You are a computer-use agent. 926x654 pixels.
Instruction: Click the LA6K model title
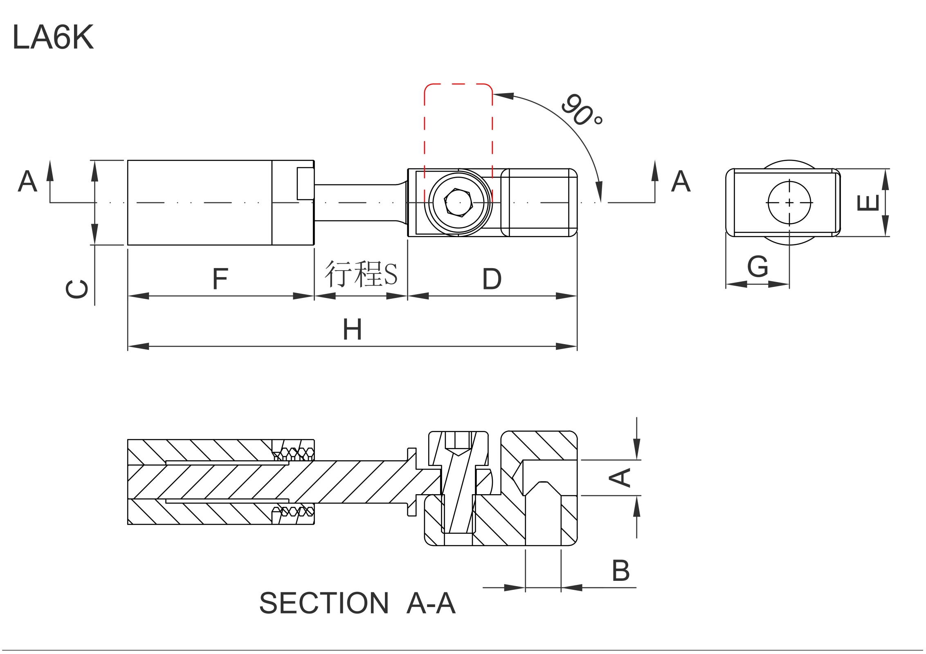click(53, 37)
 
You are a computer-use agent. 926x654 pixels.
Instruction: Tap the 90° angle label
click(581, 110)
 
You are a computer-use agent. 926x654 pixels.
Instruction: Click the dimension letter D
click(492, 279)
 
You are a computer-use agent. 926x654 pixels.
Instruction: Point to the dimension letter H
click(352, 329)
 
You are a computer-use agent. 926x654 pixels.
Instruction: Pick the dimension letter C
click(77, 289)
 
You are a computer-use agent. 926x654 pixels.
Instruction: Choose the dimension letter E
click(867, 203)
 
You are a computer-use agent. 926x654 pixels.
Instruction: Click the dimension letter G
click(757, 267)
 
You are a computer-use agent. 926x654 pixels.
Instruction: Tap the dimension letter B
click(620, 570)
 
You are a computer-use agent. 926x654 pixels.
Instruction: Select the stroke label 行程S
click(361, 273)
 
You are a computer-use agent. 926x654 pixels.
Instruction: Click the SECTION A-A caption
click(357, 603)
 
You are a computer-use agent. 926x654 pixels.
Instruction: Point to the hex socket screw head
click(459, 202)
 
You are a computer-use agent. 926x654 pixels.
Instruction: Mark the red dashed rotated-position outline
click(458, 84)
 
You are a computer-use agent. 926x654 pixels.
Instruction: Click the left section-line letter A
click(27, 181)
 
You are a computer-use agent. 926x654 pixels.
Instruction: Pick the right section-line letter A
click(681, 181)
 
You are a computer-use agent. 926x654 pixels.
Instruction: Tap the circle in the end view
click(789, 203)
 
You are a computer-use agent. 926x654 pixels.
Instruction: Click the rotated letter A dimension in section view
click(620, 477)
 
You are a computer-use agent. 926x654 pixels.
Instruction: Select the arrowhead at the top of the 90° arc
click(503, 96)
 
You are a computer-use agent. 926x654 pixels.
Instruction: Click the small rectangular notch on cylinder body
click(305, 183)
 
